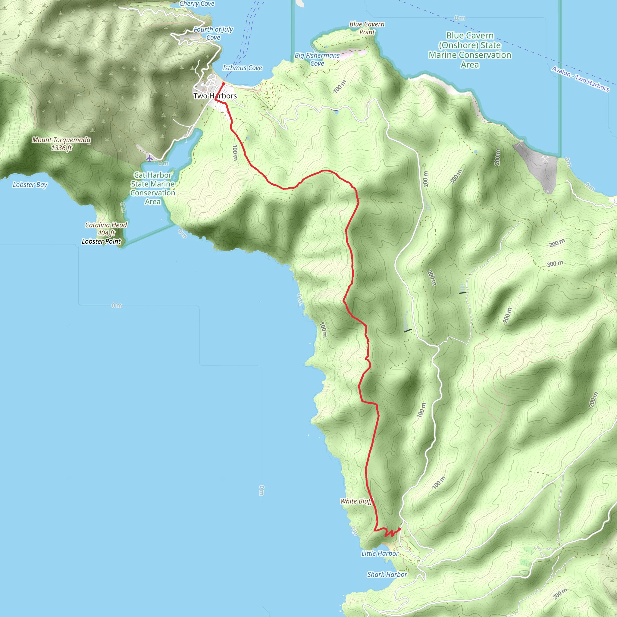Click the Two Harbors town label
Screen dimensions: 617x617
click(x=215, y=96)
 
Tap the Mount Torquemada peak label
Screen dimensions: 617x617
click(x=61, y=144)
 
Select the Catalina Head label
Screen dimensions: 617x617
click(x=106, y=229)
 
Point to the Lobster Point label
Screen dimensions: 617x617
click(x=101, y=241)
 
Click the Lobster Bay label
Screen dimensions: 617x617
click(x=30, y=185)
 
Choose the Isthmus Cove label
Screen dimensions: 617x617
click(x=242, y=68)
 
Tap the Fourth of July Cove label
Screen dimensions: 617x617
click(x=213, y=33)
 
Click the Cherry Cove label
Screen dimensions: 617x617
click(x=197, y=4)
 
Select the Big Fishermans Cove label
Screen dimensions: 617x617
click(x=317, y=59)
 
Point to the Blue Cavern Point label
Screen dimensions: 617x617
click(x=367, y=28)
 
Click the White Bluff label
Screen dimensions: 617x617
click(x=356, y=501)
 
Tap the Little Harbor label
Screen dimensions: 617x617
click(x=380, y=553)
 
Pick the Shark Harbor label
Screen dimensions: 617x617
click(x=387, y=575)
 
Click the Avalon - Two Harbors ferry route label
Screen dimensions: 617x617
click(x=580, y=79)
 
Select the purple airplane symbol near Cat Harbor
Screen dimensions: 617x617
click(x=149, y=158)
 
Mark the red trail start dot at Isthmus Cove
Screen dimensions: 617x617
click(x=224, y=84)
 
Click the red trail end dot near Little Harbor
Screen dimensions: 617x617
click(x=399, y=529)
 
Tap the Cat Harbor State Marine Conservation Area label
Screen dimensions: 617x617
click(x=153, y=188)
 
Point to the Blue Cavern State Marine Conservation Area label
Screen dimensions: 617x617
click(x=470, y=50)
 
